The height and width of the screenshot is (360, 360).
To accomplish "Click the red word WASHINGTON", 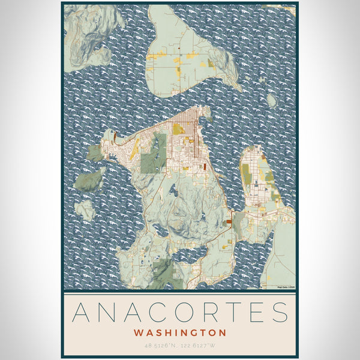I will pos(180,332).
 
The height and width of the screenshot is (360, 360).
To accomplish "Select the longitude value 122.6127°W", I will pos(200,346).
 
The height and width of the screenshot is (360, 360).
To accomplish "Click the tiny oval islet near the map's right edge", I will pos(272,100).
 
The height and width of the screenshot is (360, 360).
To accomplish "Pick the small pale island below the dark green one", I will pos(85,209).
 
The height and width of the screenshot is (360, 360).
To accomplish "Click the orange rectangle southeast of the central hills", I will pos(229,222).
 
